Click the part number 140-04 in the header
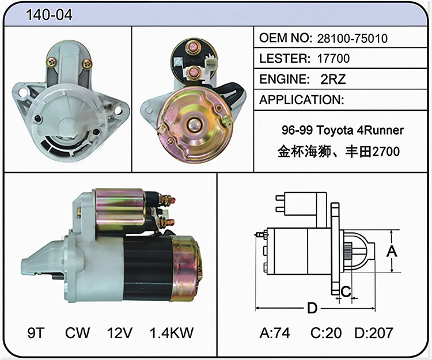49,14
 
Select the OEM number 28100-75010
353,39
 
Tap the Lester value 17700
334,58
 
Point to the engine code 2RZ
333,79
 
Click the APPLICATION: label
302,100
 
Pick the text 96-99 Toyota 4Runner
343,130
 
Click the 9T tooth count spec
36,333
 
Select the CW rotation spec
77,333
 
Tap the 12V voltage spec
120,333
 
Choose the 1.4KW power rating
172,333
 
